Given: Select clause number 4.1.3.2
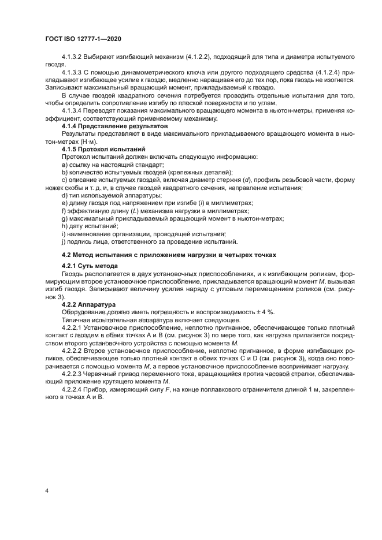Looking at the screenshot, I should pyautogui.click(x=72, y=58).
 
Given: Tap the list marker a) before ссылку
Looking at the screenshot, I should pyautogui.click(x=64, y=165).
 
